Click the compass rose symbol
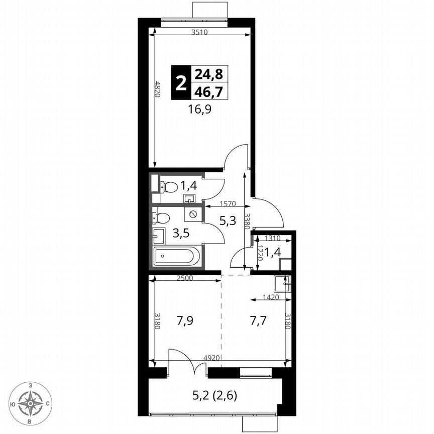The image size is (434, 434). point(31,402)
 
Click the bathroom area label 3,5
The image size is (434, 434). point(181,234)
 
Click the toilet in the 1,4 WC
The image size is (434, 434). point(169,187)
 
